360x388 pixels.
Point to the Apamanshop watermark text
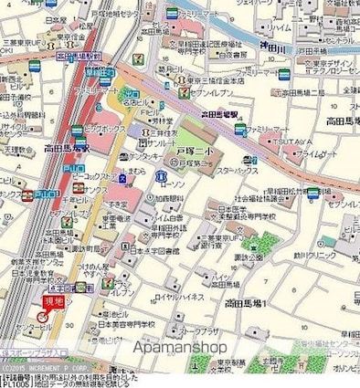click(x=179, y=347)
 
